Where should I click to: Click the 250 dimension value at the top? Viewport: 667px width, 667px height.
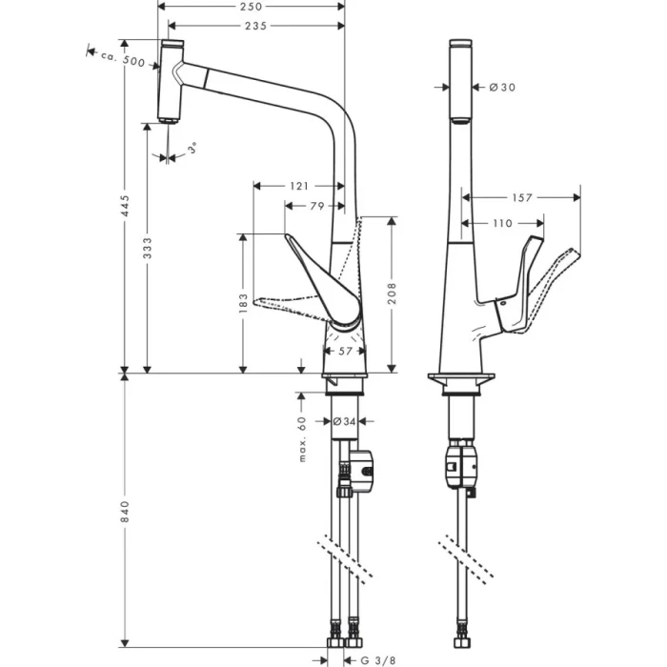(x=252, y=7)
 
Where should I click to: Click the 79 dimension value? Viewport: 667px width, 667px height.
(x=315, y=207)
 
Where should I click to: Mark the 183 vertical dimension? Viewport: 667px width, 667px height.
(x=244, y=302)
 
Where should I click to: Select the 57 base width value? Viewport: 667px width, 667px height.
(x=344, y=351)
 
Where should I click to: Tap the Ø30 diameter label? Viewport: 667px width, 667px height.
(x=502, y=88)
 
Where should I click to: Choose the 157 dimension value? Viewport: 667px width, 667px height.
(x=521, y=198)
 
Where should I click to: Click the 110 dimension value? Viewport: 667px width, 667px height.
(x=501, y=223)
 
